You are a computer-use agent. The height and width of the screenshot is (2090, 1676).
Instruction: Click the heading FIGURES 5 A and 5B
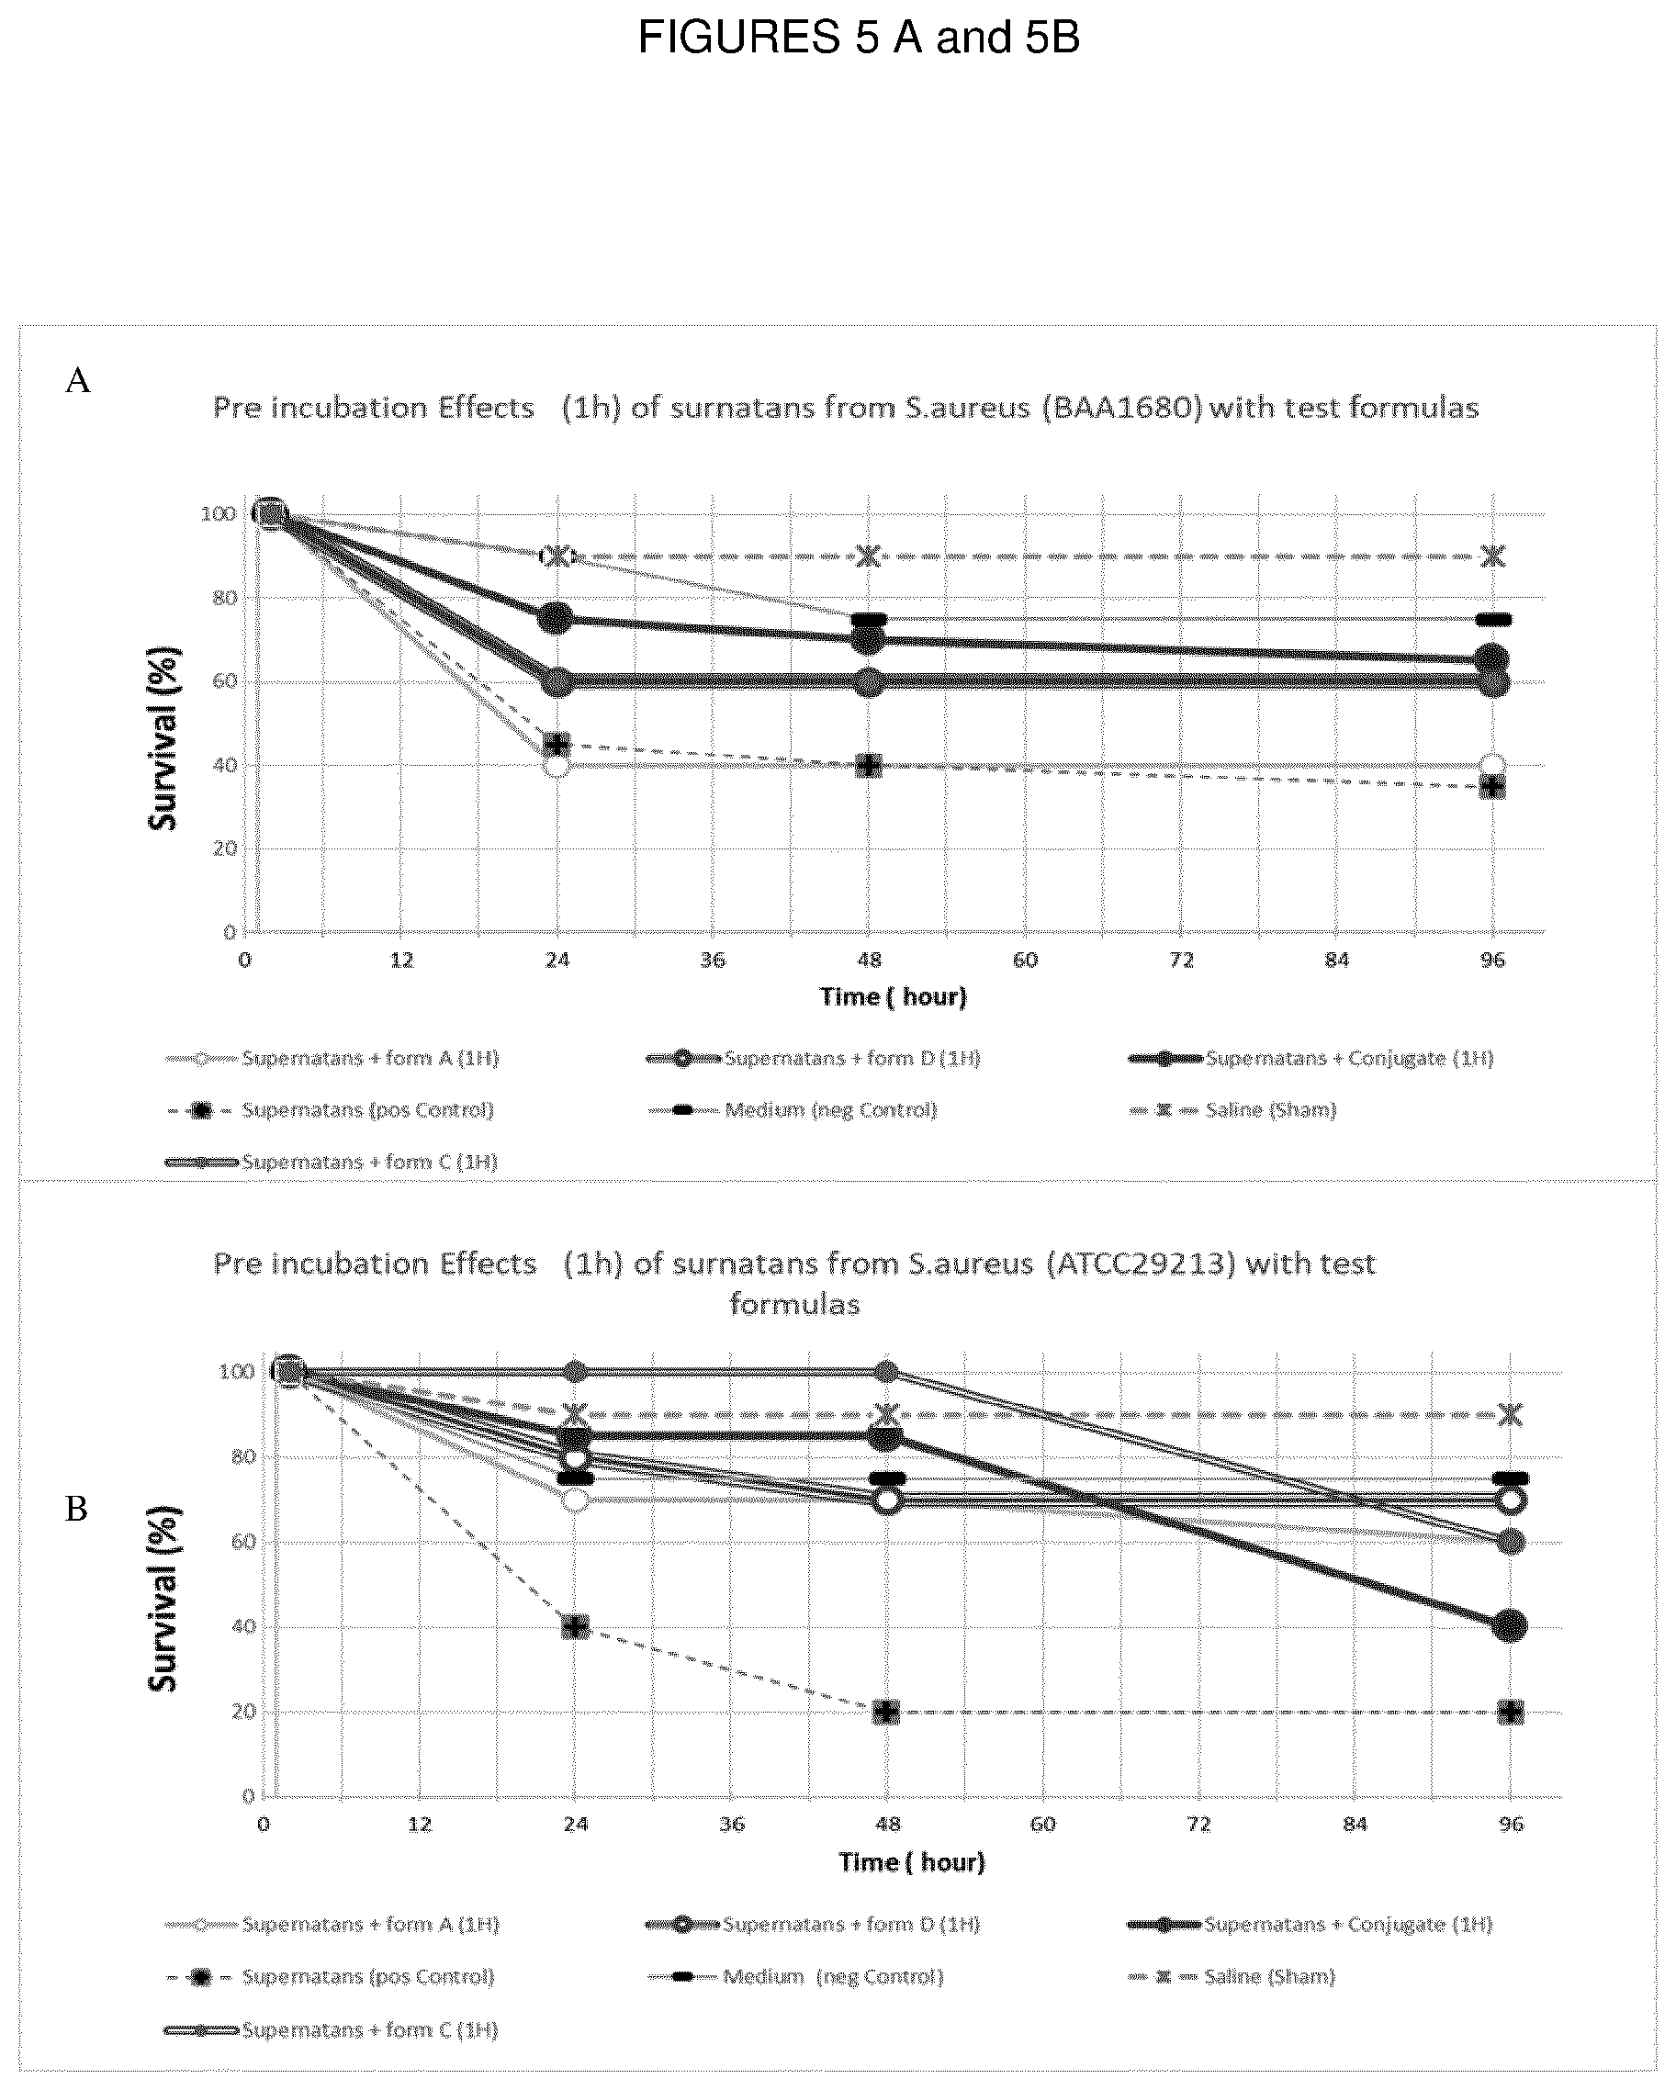pos(858,39)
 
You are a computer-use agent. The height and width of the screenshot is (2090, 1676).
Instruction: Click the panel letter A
pos(78,381)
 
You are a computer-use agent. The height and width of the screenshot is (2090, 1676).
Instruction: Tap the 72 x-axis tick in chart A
pos(1182,960)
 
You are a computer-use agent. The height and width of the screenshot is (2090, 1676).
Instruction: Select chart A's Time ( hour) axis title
pos(893,996)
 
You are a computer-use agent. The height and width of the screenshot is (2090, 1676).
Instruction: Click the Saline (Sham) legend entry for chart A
pos(1233,1110)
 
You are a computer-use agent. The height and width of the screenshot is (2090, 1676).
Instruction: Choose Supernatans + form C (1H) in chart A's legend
pos(332,1162)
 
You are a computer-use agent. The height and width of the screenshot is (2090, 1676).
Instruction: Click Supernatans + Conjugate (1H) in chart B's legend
pos(1310,1924)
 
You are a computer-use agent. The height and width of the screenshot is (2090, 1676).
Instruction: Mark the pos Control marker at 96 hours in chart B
pos(1509,1712)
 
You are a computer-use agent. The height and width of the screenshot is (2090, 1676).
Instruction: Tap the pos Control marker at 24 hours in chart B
pos(576,1626)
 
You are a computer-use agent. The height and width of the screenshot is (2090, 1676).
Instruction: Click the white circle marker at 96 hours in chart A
pos(1493,765)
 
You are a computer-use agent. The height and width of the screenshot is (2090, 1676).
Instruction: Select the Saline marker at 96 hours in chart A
pos(1493,556)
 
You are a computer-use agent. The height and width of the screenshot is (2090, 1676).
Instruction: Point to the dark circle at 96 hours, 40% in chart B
pos(1509,1625)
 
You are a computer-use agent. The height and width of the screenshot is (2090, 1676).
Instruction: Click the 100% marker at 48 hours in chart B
pos(886,1371)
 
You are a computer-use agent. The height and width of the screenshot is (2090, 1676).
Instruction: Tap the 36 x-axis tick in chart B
pos(732,1825)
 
